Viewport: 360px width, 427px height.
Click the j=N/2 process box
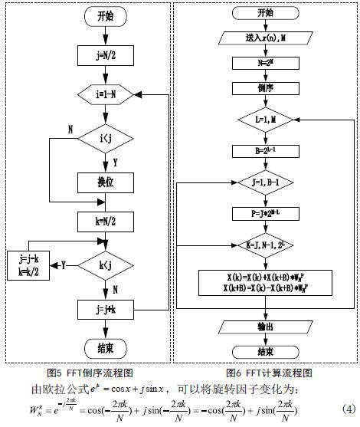click(96, 54)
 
